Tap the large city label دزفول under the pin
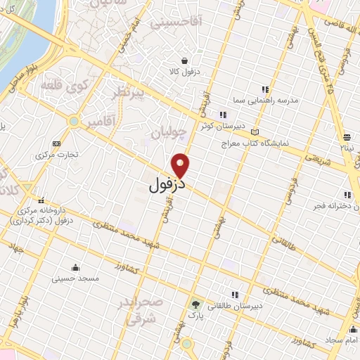168,186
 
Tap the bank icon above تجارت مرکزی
56,143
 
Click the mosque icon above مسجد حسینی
76,267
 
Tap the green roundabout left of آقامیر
73,122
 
